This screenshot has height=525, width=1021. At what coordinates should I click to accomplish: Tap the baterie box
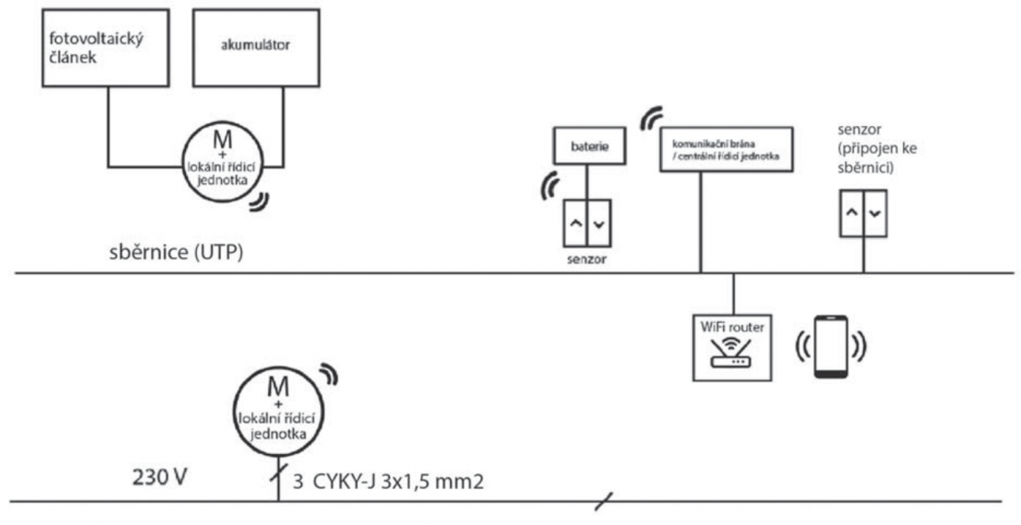(x=587, y=147)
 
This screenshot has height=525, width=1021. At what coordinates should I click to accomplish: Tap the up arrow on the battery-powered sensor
(x=576, y=223)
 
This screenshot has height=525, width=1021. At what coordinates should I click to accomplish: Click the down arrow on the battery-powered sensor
(x=600, y=223)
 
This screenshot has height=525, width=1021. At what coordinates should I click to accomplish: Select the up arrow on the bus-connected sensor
(x=851, y=213)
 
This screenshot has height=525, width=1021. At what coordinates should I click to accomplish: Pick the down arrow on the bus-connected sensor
(x=874, y=213)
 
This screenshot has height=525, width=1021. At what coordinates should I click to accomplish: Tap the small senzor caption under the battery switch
(x=588, y=260)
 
